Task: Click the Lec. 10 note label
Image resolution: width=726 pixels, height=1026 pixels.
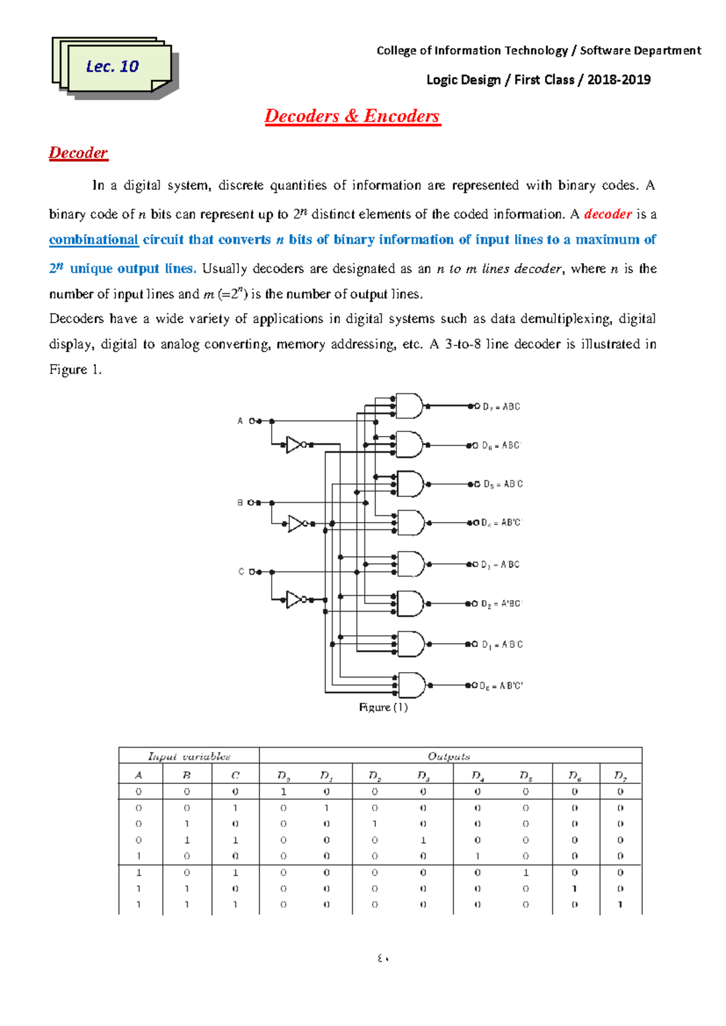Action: (113, 67)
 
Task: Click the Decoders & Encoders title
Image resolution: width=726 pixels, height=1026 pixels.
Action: (352, 116)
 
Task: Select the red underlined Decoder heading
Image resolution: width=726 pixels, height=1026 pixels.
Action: (78, 153)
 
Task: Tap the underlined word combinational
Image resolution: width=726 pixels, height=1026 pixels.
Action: (94, 240)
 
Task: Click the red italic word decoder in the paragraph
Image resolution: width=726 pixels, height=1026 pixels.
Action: (607, 214)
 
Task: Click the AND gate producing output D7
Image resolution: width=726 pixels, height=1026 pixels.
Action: (410, 407)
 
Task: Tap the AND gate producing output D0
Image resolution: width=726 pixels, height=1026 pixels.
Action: (411, 685)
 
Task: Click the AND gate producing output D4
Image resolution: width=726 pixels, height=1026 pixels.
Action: (411, 523)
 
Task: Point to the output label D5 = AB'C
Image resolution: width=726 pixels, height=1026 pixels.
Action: (503, 484)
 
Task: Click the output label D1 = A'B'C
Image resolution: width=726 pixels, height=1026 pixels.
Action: (502, 645)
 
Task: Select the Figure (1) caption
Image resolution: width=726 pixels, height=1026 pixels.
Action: (383, 707)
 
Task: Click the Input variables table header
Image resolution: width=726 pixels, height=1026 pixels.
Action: (189, 756)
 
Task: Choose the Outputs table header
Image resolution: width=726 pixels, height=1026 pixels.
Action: (449, 756)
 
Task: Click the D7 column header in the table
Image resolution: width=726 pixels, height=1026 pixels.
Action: (620, 775)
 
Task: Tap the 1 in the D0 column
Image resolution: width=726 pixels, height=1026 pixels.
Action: (283, 791)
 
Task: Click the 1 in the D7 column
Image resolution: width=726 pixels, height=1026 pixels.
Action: (620, 904)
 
